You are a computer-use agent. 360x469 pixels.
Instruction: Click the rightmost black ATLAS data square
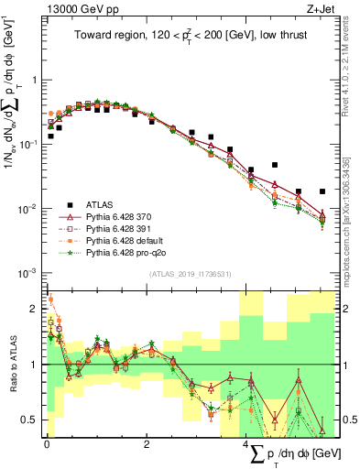coord(322,191)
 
